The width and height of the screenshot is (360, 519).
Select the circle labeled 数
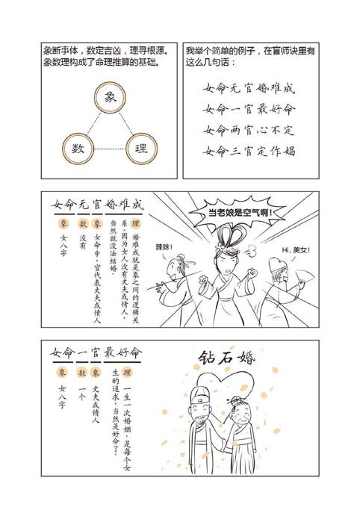tap(78, 149)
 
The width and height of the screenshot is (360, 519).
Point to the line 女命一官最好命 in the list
tap(249, 109)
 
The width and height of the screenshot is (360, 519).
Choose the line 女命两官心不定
tap(249, 130)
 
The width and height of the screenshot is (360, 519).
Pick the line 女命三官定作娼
tap(249, 151)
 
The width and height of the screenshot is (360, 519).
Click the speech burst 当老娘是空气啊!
tap(240, 214)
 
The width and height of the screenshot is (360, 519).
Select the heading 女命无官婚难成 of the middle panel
tap(97, 204)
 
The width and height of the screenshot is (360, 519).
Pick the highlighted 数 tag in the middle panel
tap(84, 223)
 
